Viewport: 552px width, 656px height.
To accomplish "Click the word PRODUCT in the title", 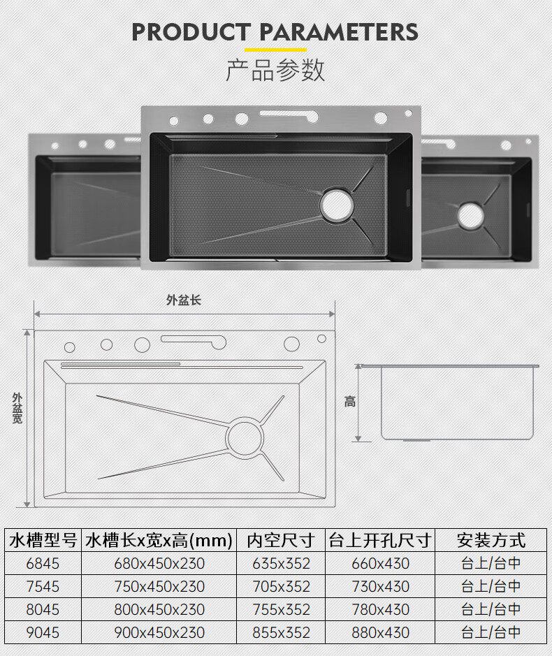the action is pyautogui.click(x=191, y=32).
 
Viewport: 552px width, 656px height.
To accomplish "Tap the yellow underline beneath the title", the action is pyautogui.click(x=275, y=50).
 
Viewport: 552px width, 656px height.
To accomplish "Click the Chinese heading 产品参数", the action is pyautogui.click(x=275, y=70).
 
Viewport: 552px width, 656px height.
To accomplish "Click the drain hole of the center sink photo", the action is pyautogui.click(x=337, y=205).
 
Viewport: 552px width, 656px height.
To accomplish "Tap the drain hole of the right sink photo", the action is pyautogui.click(x=471, y=216).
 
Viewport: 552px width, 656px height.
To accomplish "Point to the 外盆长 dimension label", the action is pyautogui.click(x=184, y=300).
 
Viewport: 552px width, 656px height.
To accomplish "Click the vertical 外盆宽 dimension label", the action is pyautogui.click(x=17, y=408).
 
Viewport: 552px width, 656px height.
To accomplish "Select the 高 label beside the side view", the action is pyautogui.click(x=350, y=402).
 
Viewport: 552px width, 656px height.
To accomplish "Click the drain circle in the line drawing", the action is pyautogui.click(x=245, y=437).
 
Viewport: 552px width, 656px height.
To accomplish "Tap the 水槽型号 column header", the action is pyautogui.click(x=43, y=540).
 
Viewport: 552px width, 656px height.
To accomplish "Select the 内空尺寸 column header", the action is pyautogui.click(x=281, y=540).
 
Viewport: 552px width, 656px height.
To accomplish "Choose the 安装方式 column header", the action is pyautogui.click(x=491, y=540).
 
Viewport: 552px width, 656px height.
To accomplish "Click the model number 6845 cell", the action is pyautogui.click(x=43, y=564).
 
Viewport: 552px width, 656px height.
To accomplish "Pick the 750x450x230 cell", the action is pyautogui.click(x=159, y=587).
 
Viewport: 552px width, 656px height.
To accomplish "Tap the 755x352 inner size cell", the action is pyautogui.click(x=281, y=610).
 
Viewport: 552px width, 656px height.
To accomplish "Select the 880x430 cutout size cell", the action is pyautogui.click(x=380, y=632).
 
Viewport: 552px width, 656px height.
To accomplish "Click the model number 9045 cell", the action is pyautogui.click(x=43, y=632).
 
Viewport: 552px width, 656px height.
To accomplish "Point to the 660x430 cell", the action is pyautogui.click(x=380, y=564).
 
